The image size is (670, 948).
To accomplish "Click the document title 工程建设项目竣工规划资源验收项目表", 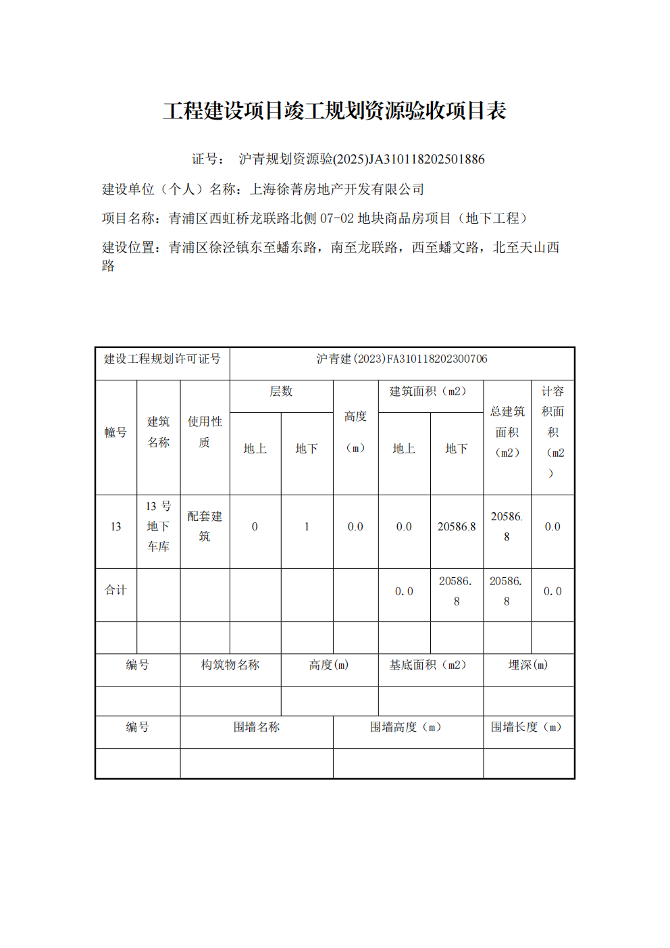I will coord(334,111).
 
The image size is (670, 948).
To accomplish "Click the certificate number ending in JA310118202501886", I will coord(361,159).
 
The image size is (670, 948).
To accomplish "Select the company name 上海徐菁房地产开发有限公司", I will coord(337,189).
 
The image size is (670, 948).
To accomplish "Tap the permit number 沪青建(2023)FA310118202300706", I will coord(402,359).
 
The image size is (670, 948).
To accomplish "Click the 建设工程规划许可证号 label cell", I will coord(162,359).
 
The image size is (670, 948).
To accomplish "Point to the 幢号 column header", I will coord(115,432).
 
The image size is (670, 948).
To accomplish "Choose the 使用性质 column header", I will coord(205,432).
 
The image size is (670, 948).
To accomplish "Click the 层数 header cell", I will coord(281,392).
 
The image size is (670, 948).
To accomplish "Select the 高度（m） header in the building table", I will coord(355,432).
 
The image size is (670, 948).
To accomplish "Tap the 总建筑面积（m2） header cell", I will coord(507,432).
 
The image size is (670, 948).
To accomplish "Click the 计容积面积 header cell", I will coord(552,432).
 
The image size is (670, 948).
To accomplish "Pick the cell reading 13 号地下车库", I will coord(159,526).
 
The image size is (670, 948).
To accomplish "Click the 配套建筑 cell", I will coord(205,526).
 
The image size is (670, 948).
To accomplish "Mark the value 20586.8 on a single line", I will coord(457,527).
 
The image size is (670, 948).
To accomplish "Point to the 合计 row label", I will coord(115,591).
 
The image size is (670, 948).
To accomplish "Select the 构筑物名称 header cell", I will coord(230,666).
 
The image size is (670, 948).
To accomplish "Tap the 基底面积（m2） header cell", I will coord(428,666).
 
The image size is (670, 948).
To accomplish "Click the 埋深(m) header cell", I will coord(528,666).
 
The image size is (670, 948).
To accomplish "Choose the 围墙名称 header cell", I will coord(257,728).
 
